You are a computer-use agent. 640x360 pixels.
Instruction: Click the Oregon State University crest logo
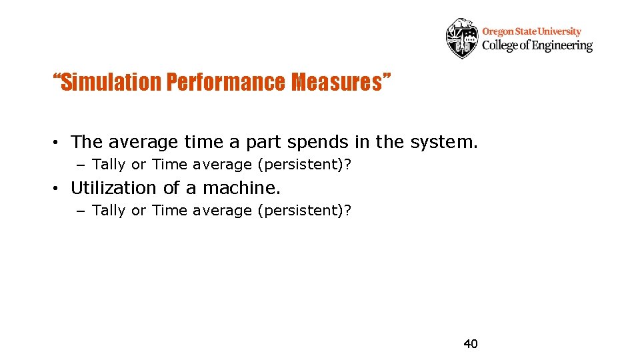pyautogui.click(x=462, y=38)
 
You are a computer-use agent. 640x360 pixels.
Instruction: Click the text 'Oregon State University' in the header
pyautogui.click(x=531, y=31)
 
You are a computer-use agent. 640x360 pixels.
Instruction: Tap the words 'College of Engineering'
pyautogui.click(x=537, y=45)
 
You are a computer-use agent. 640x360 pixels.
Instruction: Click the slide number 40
pyautogui.click(x=471, y=344)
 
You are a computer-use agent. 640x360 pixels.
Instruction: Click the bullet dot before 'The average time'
pyautogui.click(x=59, y=143)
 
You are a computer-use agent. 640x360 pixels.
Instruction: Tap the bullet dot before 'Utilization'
pyautogui.click(x=59, y=189)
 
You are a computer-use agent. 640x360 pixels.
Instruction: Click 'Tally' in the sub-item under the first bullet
pyautogui.click(x=109, y=165)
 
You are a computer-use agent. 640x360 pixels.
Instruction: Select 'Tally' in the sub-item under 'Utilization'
pyautogui.click(x=109, y=211)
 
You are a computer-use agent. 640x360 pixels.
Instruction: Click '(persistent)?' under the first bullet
pyautogui.click(x=304, y=165)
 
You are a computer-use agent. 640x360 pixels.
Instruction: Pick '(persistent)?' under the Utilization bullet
pyautogui.click(x=304, y=211)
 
